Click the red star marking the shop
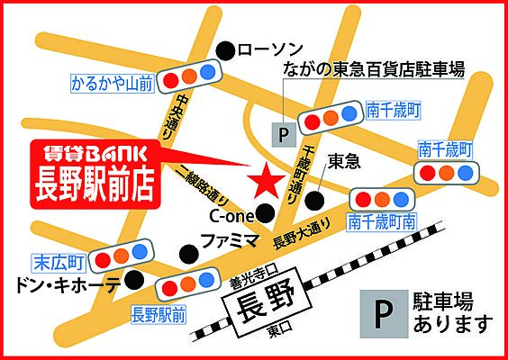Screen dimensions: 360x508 (264, 182)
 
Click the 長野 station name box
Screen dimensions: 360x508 (262, 306)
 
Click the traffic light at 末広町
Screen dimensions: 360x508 (118, 258)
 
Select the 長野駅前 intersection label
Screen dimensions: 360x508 (158, 314)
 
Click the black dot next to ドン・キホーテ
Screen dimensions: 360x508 (133, 280)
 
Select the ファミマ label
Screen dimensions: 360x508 (229, 242)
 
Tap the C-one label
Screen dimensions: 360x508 (232, 217)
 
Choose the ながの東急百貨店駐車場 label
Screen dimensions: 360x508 (372, 70)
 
